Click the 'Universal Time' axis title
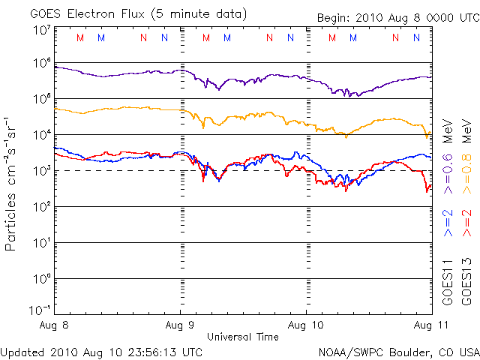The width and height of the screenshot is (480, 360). point(243,337)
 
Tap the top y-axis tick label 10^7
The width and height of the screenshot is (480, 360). point(41,30)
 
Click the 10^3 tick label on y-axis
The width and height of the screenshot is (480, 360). point(41,172)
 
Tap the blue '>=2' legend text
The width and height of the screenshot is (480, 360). point(448,223)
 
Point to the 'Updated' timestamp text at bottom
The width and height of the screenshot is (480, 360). point(101,351)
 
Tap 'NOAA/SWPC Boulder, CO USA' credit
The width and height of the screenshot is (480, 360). point(398,351)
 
